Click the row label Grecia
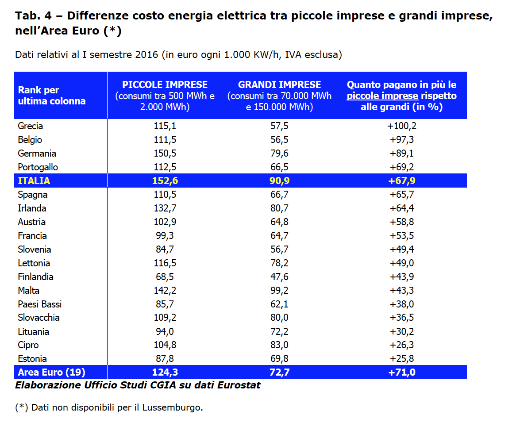pos(31,126)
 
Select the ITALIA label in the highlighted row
pos(34,181)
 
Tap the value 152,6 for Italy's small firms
pos(165,181)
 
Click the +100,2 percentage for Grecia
pos(402,126)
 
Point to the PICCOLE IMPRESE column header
pos(165,85)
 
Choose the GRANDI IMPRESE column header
pos(279,85)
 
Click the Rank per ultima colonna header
pos(51,96)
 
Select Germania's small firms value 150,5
pos(165,154)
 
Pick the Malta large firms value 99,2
pos(279,291)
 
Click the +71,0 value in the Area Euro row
pos(402,372)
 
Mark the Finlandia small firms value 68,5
pos(165,277)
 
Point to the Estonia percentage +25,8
pos(402,359)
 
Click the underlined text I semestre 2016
pos(120,55)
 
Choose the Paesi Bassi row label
pos(40,304)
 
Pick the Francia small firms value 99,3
pos(165,236)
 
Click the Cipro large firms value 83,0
pos(279,345)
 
